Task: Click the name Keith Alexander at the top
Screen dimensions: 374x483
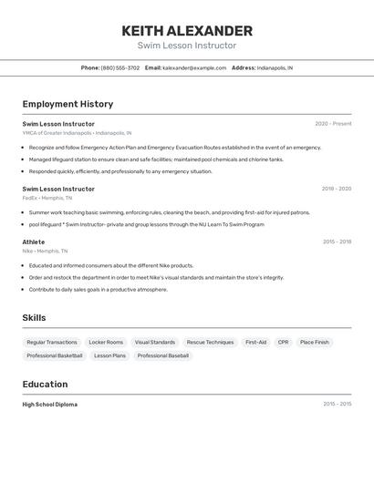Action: pos(187,30)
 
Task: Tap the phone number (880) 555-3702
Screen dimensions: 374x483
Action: pos(120,67)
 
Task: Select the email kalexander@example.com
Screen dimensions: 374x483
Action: pos(194,67)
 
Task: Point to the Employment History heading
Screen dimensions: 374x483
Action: pos(68,104)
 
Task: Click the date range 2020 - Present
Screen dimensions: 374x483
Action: pos(333,124)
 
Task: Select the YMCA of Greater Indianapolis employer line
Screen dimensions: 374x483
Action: pos(77,133)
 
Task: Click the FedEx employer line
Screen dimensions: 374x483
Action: pos(47,198)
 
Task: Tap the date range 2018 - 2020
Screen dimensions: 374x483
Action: pos(336,189)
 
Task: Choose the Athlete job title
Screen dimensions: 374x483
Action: pos(34,241)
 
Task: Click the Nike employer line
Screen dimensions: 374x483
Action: pos(46,251)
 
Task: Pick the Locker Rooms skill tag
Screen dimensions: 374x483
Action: pos(106,342)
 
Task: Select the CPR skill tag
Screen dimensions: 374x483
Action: pos(283,342)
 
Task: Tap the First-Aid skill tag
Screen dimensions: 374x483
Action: pos(255,342)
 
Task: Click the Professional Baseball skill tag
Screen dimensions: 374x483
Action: pos(163,355)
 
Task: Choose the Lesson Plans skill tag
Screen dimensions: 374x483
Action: pos(109,355)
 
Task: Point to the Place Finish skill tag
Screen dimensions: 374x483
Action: pos(315,342)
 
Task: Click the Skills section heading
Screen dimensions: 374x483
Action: pos(34,317)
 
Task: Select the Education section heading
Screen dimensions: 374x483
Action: pos(45,384)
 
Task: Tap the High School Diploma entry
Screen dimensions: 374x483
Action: pos(50,404)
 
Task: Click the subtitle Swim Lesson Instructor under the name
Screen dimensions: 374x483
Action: pos(187,46)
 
